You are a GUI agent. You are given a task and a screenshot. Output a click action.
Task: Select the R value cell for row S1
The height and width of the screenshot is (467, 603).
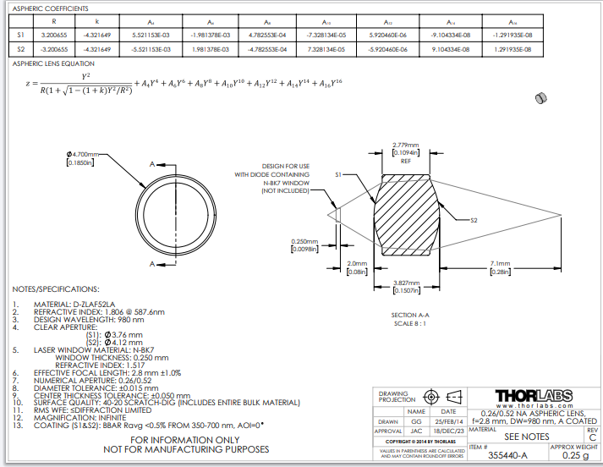(54, 36)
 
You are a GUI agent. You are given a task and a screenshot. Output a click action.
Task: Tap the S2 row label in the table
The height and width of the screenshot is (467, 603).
(21, 50)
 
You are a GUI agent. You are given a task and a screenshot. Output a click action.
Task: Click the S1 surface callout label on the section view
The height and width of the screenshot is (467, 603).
(337, 174)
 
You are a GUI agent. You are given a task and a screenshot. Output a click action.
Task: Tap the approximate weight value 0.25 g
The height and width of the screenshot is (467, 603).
(573, 455)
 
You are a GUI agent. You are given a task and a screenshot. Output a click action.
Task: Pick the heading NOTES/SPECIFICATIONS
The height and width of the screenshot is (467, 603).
(56, 289)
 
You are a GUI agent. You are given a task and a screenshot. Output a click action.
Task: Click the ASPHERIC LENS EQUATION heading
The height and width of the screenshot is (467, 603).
(54, 63)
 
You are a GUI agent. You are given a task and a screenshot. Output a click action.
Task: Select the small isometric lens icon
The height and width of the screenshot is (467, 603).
(540, 99)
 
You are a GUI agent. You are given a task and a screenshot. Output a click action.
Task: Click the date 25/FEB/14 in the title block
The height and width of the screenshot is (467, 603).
(448, 420)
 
